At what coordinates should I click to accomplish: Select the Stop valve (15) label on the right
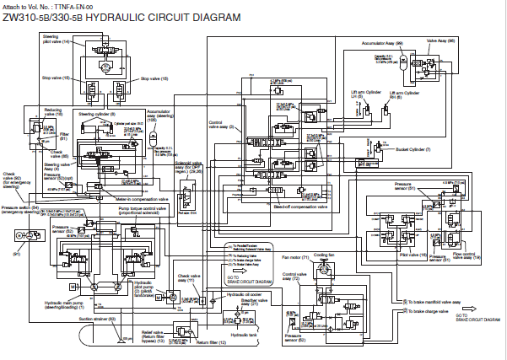coord(154,78)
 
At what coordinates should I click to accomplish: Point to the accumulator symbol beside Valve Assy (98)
coord(402,61)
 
